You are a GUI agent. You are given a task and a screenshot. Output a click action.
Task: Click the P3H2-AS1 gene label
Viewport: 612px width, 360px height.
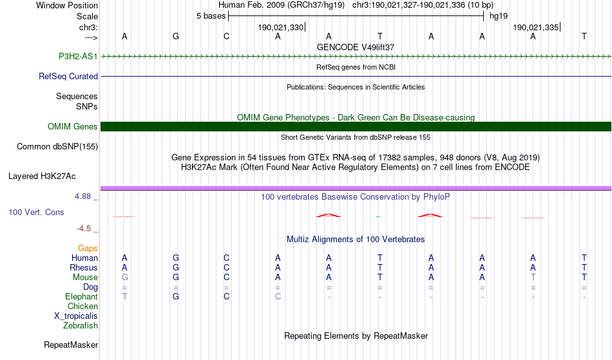coord(78,57)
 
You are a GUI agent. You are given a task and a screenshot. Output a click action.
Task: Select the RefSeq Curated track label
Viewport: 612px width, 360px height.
coord(68,77)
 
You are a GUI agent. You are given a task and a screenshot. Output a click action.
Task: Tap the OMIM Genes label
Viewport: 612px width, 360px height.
coord(73,127)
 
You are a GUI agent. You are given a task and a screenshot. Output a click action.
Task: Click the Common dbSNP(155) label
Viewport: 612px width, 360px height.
coord(57,147)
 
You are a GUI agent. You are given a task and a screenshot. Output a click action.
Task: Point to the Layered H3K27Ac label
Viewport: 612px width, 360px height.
coord(42,176)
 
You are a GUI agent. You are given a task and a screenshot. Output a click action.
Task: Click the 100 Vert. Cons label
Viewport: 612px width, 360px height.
coord(36,212)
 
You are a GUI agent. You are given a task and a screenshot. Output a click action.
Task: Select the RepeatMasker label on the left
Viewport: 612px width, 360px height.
coord(71,345)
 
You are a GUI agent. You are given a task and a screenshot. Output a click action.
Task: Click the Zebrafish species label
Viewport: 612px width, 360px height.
coord(81,325)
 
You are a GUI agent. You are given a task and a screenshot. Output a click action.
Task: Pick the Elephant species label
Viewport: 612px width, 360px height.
coord(82,296)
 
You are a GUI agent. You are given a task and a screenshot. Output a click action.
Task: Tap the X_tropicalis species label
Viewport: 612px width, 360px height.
coord(76,316)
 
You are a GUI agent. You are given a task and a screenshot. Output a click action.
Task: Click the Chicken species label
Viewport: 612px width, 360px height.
coord(82,306)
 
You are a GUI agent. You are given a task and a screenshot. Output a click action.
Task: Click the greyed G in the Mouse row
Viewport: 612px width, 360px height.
coord(124,278)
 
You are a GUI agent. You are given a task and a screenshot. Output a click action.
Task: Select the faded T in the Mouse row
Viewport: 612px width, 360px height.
coord(533,278)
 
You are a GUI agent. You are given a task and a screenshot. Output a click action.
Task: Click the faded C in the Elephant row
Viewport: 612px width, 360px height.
coord(278,296)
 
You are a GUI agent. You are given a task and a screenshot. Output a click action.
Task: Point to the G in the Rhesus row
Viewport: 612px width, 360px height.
coord(176,267)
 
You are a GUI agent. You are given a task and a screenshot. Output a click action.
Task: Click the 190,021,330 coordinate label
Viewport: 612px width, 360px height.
coord(280,27)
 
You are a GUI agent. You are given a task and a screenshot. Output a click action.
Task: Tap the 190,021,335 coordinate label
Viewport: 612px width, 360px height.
coord(535,27)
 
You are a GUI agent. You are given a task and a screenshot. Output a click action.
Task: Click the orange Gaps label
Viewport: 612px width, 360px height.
coord(88,249)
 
